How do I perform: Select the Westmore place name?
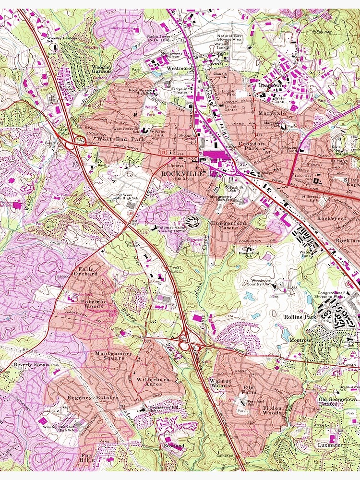click(179, 69)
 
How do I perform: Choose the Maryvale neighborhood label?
click(272, 113)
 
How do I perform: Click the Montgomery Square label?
click(113, 356)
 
